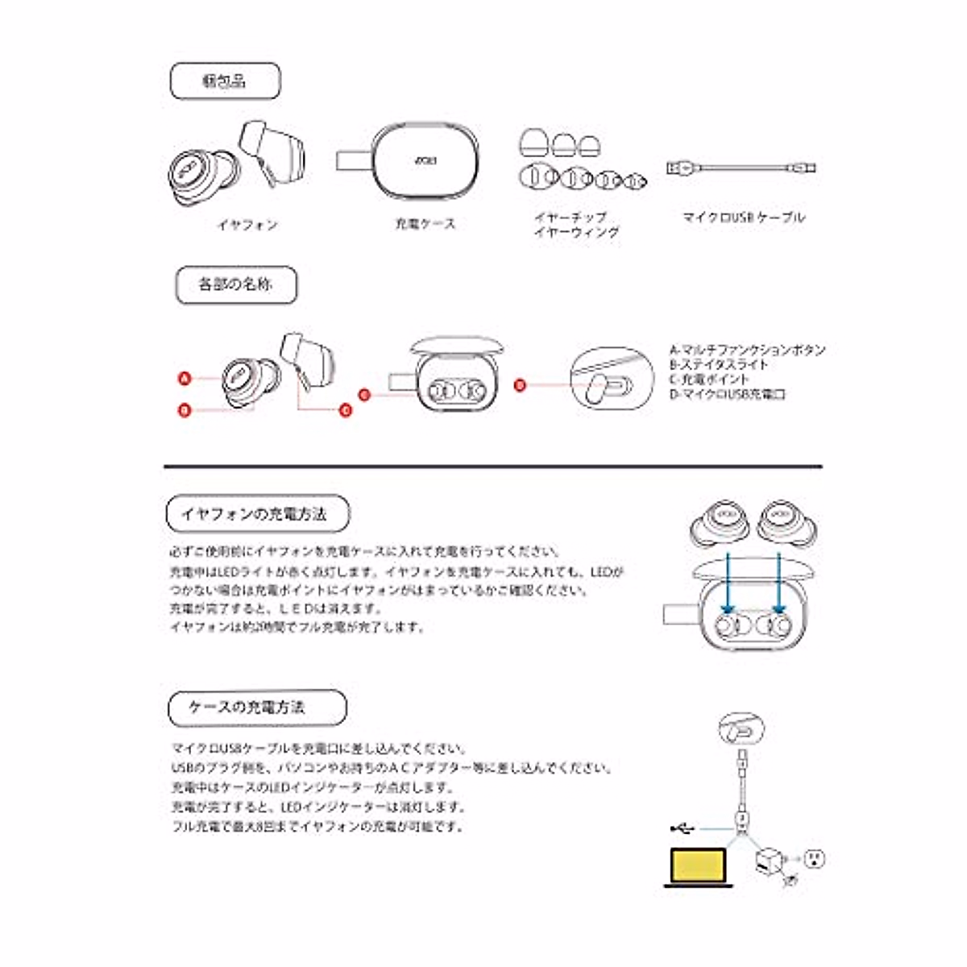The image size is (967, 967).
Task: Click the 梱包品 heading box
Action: pos(225,81)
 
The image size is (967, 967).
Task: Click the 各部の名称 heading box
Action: pos(236,285)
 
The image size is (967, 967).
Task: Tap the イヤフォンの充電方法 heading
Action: pos(257,514)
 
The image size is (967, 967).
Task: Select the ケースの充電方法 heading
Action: pos(257,708)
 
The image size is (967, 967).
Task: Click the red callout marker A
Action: pos(185,377)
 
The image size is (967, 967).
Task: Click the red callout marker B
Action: pos(185,410)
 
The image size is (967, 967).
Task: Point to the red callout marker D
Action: pos(520,385)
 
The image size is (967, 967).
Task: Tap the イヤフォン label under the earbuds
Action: pos(247,225)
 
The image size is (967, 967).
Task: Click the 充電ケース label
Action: pos(425,224)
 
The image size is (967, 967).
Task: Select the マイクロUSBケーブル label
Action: pos(743,218)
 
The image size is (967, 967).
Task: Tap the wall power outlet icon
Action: pos(816,859)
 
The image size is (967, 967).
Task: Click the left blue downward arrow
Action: pos(728,585)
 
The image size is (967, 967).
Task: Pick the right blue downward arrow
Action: pos(779,585)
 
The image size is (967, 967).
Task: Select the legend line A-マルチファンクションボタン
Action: pos(747,350)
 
